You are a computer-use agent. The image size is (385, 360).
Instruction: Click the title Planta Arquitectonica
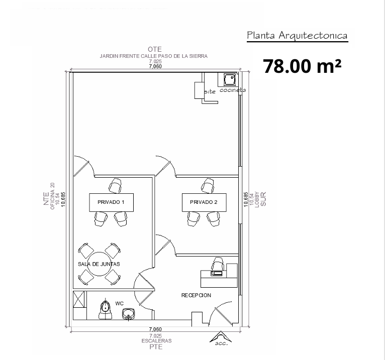point(297,36)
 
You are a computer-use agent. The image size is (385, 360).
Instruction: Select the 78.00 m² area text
point(302,66)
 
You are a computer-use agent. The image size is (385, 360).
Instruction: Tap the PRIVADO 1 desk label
point(111,202)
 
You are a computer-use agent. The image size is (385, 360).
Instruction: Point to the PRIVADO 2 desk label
point(204,202)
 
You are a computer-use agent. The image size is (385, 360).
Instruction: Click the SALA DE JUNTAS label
point(99,264)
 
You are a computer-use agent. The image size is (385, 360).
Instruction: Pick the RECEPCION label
point(196,295)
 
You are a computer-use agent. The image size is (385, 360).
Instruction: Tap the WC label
point(119,304)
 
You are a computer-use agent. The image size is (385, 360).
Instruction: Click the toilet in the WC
point(106,310)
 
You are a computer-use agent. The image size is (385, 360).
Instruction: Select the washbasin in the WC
point(128,314)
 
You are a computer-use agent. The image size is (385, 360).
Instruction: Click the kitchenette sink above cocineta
point(230,79)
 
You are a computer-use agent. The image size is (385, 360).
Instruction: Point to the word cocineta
point(233,90)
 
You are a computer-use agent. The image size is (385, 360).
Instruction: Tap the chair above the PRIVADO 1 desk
point(115,186)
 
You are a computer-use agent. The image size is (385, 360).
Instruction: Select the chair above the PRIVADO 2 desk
point(208,186)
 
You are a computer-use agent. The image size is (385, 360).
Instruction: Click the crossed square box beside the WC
point(79,299)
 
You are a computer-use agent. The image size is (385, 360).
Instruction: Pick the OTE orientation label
point(155,49)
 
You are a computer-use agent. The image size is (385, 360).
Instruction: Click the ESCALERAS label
point(156,341)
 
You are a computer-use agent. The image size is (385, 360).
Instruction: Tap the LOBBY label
point(257,200)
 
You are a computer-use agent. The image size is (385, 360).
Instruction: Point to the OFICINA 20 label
point(52,196)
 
